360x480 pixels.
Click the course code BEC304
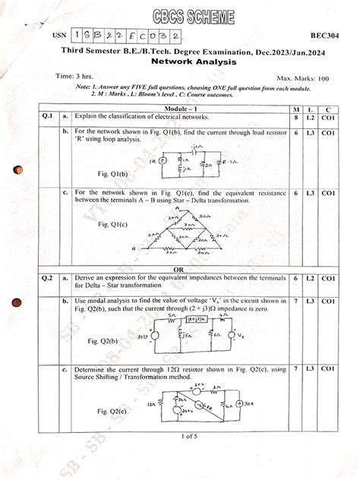coord(324,36)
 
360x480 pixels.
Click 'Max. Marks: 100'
coord(303,78)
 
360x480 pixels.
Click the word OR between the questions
coord(179,270)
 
